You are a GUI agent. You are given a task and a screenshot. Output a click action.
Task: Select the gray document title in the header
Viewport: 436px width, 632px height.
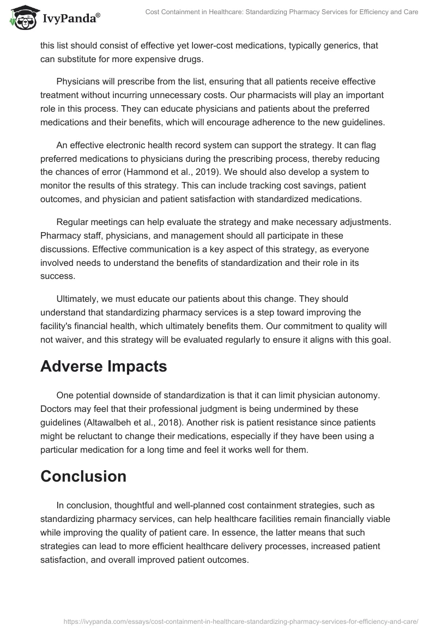pos(282,12)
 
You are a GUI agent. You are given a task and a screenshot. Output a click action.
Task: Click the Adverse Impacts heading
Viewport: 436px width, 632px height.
pos(104,366)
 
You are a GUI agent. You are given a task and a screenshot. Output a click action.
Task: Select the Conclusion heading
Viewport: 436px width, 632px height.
pos(83,476)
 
